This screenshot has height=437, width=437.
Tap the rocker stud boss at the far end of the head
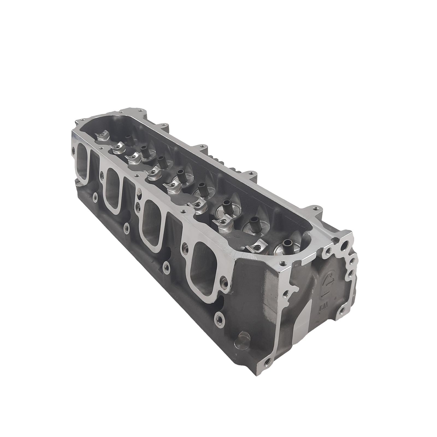(102, 136)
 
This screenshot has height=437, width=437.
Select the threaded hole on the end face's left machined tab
(286, 294)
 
